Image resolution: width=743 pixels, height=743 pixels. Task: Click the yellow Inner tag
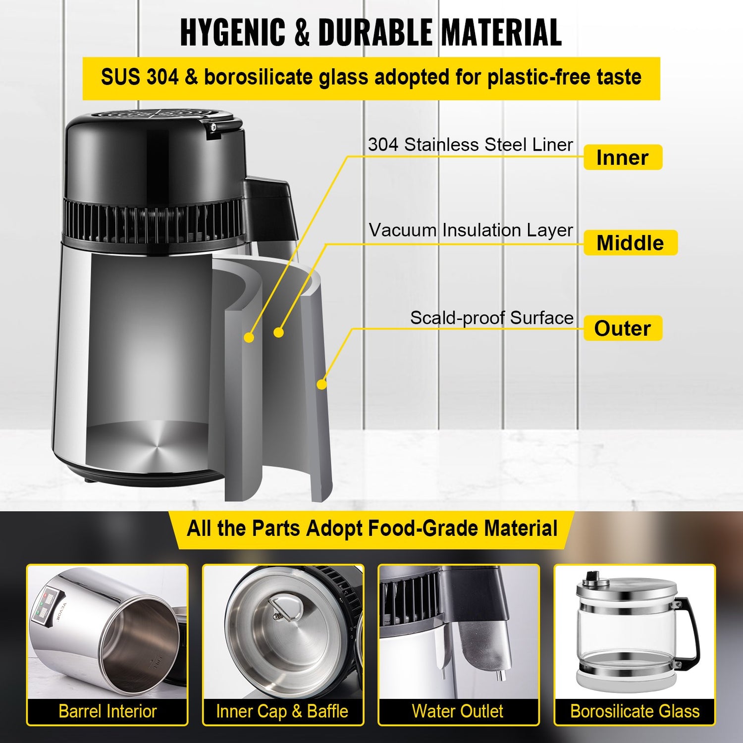622,158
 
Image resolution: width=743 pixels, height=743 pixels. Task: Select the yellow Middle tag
630,243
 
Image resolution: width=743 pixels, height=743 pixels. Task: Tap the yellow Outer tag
622,328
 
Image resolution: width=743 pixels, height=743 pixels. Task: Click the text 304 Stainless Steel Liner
470,145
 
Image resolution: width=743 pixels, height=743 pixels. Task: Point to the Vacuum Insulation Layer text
471,230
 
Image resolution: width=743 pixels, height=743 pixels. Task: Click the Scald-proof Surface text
491,318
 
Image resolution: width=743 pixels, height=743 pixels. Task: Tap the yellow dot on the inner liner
249,337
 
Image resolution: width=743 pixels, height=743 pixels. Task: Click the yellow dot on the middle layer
278,332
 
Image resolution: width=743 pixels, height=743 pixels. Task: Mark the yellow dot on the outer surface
321,384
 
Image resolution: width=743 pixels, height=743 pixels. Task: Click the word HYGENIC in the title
232,33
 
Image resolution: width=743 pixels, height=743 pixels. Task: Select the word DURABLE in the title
375,33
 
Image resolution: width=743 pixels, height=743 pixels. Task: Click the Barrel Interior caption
107,711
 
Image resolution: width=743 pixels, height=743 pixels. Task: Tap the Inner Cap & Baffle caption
282,711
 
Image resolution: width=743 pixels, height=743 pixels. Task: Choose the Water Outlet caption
458,711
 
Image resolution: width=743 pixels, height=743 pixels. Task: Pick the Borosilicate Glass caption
635,711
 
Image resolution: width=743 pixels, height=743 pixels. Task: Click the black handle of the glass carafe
691,629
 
